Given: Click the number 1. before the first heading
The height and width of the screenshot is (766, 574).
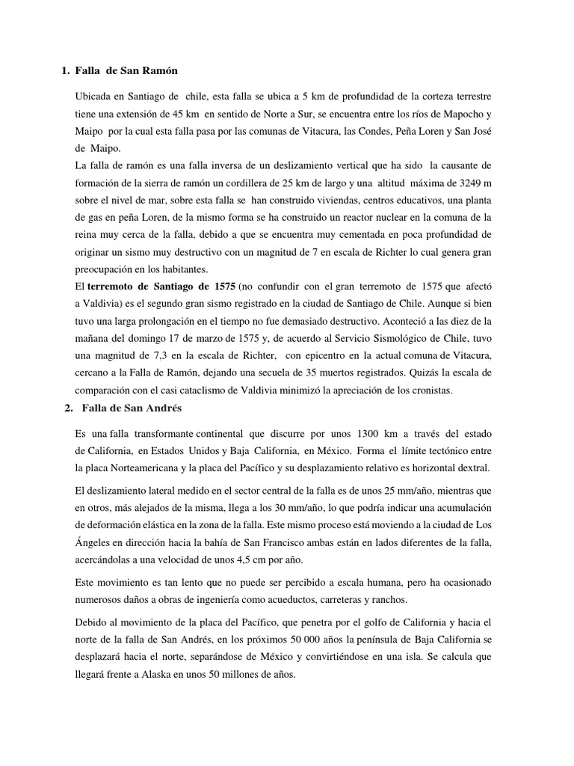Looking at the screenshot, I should [65, 70].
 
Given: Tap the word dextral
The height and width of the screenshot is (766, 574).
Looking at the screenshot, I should [468, 468].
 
